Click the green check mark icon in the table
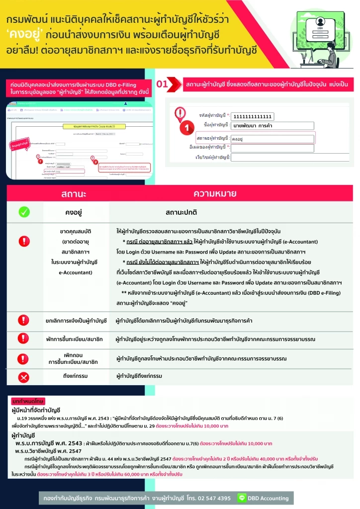pos(24,212)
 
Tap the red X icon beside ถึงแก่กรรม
pos(24,376)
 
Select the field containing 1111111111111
pos(253,116)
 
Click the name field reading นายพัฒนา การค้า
pos(272,126)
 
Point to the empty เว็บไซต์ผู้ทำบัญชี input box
pos(272,158)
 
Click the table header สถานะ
pos(74,193)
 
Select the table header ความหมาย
pos(215,193)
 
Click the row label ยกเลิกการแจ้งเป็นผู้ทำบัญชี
pos(76,321)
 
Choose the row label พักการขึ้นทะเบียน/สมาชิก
pos(76,340)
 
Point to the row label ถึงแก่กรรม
pos(76,376)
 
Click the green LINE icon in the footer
pos(243,498)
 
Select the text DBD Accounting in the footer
pos(269,498)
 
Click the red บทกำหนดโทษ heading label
pos(28,401)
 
